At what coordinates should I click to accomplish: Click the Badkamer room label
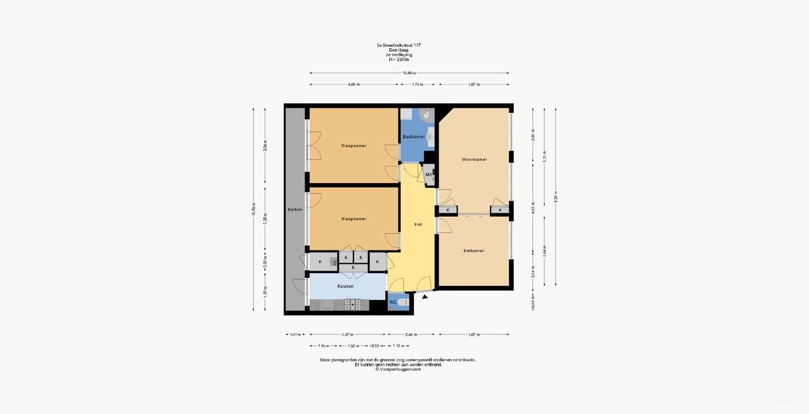[x=413, y=136]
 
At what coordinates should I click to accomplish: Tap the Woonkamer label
[x=474, y=160]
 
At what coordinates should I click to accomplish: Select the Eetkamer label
[x=473, y=251]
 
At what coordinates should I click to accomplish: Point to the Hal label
[x=418, y=224]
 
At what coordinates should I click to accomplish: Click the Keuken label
[x=345, y=286]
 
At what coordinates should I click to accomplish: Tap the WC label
[x=392, y=302]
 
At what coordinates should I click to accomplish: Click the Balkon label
[x=295, y=210]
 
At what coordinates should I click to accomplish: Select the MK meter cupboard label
[x=429, y=175]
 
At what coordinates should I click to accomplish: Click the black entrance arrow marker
[x=425, y=296]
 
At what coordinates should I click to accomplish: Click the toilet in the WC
[x=404, y=304]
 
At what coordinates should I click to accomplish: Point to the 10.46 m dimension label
[x=409, y=73]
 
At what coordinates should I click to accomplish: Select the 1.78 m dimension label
[x=417, y=85]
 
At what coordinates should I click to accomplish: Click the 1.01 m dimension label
[x=295, y=334]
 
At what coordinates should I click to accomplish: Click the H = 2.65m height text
[x=398, y=59]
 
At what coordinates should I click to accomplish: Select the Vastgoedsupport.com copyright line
[x=398, y=369]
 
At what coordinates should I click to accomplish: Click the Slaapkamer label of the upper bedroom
[x=353, y=146]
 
